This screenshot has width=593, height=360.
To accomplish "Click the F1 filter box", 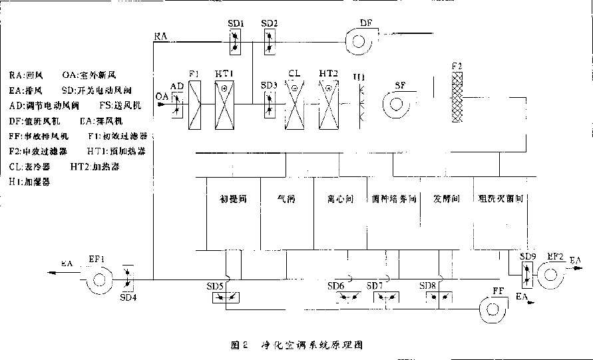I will [x=194, y=103].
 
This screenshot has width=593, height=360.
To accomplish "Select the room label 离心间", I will [x=339, y=198].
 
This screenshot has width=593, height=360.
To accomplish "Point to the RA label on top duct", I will [x=160, y=35].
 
